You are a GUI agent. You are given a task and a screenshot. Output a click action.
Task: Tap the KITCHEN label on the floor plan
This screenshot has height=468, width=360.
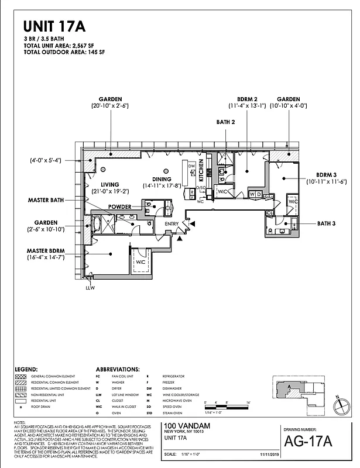[x=200, y=170]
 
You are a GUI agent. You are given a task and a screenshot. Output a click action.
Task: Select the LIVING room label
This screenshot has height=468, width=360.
[x=109, y=184]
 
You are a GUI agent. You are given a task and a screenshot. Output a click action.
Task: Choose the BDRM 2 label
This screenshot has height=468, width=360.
[x=247, y=99]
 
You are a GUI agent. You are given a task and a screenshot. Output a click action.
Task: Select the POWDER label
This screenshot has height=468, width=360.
[x=119, y=207]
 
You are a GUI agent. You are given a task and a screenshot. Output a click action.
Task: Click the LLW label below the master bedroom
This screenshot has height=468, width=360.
[x=90, y=288]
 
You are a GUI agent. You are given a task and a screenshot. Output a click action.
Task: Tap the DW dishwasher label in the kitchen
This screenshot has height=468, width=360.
[x=191, y=166]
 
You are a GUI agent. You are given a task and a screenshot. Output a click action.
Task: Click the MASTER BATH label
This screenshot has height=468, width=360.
[x=46, y=200]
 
